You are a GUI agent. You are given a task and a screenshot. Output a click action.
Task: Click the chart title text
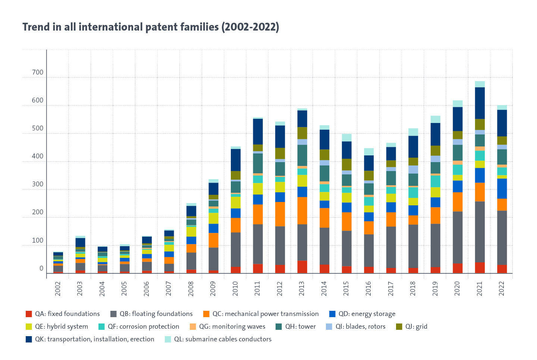(x=151, y=27)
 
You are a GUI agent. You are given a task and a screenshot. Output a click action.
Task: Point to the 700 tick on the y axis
(x=38, y=72)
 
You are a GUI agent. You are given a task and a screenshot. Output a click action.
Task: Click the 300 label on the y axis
(x=38, y=184)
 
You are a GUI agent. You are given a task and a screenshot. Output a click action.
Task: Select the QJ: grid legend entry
(x=412, y=326)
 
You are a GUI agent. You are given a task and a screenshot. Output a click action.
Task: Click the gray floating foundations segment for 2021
(x=480, y=231)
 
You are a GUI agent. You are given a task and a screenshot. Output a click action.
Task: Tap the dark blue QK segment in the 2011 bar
(x=258, y=131)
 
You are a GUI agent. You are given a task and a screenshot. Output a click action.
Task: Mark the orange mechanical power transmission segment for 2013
(x=302, y=211)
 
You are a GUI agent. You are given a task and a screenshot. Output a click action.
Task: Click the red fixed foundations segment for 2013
(x=302, y=267)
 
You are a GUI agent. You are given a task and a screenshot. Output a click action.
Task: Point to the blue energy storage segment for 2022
(x=502, y=189)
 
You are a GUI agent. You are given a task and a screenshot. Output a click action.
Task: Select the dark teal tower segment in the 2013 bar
(x=302, y=155)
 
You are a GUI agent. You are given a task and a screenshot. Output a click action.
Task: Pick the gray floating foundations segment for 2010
(x=235, y=249)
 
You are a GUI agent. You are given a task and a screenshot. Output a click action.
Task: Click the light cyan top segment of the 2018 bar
(x=413, y=132)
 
